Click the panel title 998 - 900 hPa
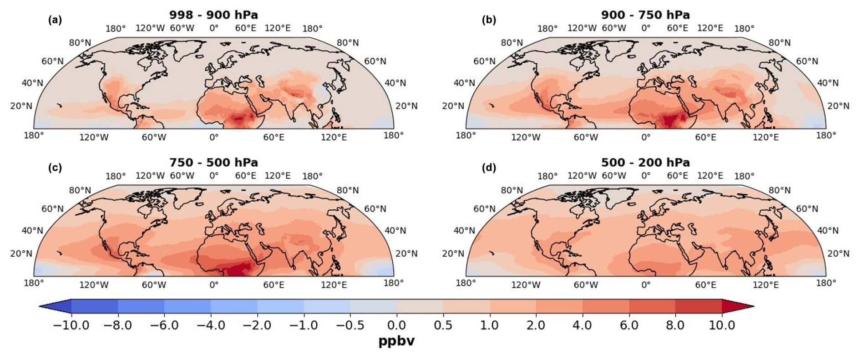click(213, 15)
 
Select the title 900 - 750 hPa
click(645, 15)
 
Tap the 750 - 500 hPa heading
click(213, 162)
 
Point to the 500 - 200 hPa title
click(645, 162)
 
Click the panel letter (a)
click(55, 20)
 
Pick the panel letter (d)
click(489, 168)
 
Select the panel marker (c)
click(55, 168)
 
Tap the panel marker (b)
click(489, 20)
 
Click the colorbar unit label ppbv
click(396, 341)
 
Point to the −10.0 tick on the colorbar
click(71, 325)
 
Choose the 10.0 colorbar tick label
click(722, 325)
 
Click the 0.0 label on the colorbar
click(396, 325)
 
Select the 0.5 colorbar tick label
click(443, 325)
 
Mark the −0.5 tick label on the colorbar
click(350, 325)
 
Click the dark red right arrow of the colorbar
click(737, 306)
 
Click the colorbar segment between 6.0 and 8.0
click(652, 306)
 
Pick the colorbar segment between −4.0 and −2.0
click(234, 306)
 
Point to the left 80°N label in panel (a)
click(80, 43)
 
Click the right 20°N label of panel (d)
click(838, 254)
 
